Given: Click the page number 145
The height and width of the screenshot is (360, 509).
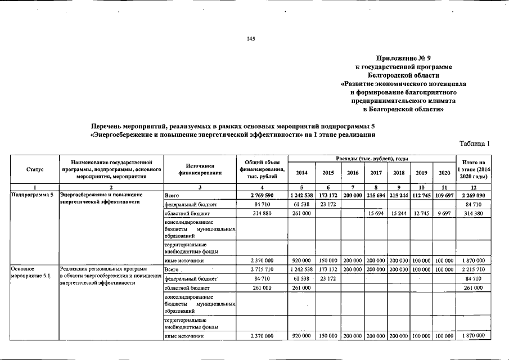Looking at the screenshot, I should [251, 38].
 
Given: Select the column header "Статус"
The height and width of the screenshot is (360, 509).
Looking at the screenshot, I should [35, 169].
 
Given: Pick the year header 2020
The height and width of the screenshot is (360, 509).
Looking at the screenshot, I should [444, 173].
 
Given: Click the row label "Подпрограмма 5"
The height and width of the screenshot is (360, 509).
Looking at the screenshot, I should [33, 195].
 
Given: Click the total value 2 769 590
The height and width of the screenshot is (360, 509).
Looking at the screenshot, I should [262, 195].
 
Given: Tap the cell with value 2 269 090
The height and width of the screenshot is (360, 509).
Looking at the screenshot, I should [472, 195].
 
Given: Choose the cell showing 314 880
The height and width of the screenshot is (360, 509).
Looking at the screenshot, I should [262, 214].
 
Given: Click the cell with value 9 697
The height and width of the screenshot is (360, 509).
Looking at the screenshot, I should [444, 214].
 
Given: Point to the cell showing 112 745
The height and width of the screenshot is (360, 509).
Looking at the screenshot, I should [421, 195].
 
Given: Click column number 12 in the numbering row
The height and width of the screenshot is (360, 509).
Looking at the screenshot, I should [472, 187].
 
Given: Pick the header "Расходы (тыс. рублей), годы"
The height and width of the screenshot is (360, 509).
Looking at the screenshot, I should [372, 160].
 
